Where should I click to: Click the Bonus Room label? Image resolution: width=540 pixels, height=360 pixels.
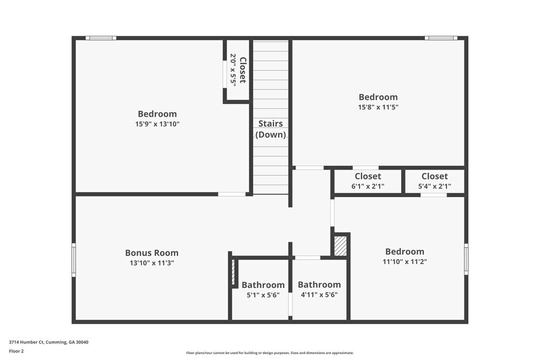(x=152, y=253)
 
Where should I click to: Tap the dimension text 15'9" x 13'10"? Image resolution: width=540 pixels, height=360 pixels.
(x=157, y=124)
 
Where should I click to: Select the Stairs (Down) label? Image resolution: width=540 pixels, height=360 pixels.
(x=271, y=129)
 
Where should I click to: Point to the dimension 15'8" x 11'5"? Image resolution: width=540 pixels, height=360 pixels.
(x=378, y=107)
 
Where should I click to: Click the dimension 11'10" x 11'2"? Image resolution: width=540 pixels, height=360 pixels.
(x=404, y=262)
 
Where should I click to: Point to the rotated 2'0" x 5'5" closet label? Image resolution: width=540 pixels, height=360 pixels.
(x=238, y=70)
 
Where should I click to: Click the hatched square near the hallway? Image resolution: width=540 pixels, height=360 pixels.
(x=340, y=246)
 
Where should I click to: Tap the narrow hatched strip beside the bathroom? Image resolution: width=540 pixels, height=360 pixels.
(x=234, y=272)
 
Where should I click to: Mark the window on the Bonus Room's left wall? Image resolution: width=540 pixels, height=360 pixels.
(x=74, y=260)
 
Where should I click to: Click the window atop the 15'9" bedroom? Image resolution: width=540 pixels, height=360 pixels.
(x=101, y=38)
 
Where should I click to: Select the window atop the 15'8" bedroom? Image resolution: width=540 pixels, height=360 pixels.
(x=441, y=38)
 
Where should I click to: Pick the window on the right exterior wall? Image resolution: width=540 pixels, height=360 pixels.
(x=466, y=260)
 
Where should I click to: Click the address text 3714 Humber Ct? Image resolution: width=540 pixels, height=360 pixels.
(x=49, y=342)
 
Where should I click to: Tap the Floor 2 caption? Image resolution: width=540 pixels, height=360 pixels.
(x=16, y=351)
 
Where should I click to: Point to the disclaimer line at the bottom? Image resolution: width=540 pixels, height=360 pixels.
(x=270, y=353)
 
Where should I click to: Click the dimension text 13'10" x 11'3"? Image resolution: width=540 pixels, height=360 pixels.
(x=152, y=263)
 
